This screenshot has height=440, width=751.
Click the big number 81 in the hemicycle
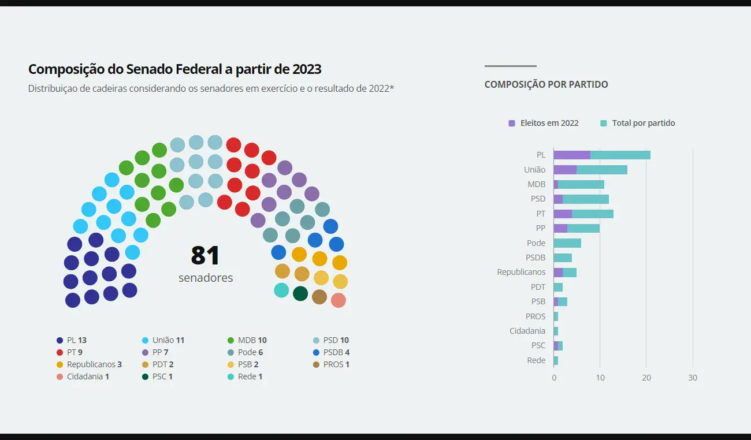point(205,256)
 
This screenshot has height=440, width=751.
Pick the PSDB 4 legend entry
point(336,352)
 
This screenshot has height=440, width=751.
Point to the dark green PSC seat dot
point(300,293)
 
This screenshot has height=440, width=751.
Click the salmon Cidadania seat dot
point(339,300)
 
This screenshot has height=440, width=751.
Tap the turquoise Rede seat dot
point(281,290)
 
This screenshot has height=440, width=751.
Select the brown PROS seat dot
point(319,297)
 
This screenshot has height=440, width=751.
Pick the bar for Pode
point(567,243)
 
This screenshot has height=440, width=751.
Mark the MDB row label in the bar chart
point(536,184)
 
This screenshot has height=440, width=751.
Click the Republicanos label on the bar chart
point(521,272)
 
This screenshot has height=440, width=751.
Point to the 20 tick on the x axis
point(646,378)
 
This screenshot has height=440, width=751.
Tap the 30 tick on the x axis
point(693,378)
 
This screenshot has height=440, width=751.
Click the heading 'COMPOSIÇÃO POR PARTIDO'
point(546,84)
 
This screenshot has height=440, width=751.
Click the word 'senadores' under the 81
point(206,278)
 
